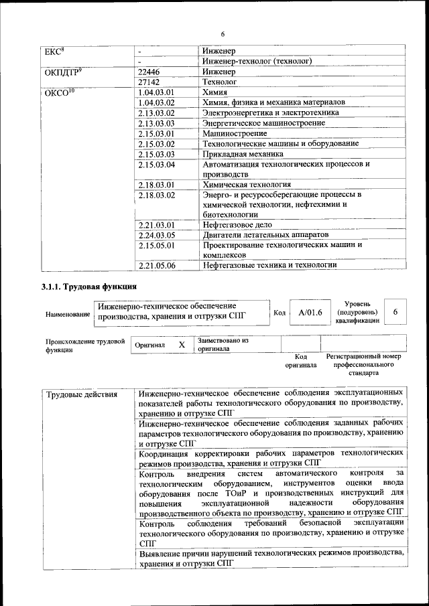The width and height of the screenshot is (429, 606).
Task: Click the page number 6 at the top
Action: (222, 34)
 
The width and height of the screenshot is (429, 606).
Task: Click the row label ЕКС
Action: (54, 51)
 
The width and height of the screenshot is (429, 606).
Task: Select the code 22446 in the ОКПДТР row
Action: (148, 71)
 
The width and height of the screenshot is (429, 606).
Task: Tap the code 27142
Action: (148, 82)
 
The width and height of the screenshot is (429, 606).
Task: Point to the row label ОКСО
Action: (58, 92)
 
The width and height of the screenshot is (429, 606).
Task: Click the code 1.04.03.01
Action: (156, 92)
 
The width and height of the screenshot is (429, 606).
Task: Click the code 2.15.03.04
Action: (156, 164)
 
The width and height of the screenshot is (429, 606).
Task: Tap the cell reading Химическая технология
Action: (247, 184)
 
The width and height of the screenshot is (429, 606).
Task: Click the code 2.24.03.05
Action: (156, 235)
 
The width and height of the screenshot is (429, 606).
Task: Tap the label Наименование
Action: (68, 314)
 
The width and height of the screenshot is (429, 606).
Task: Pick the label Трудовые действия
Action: (81, 394)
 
